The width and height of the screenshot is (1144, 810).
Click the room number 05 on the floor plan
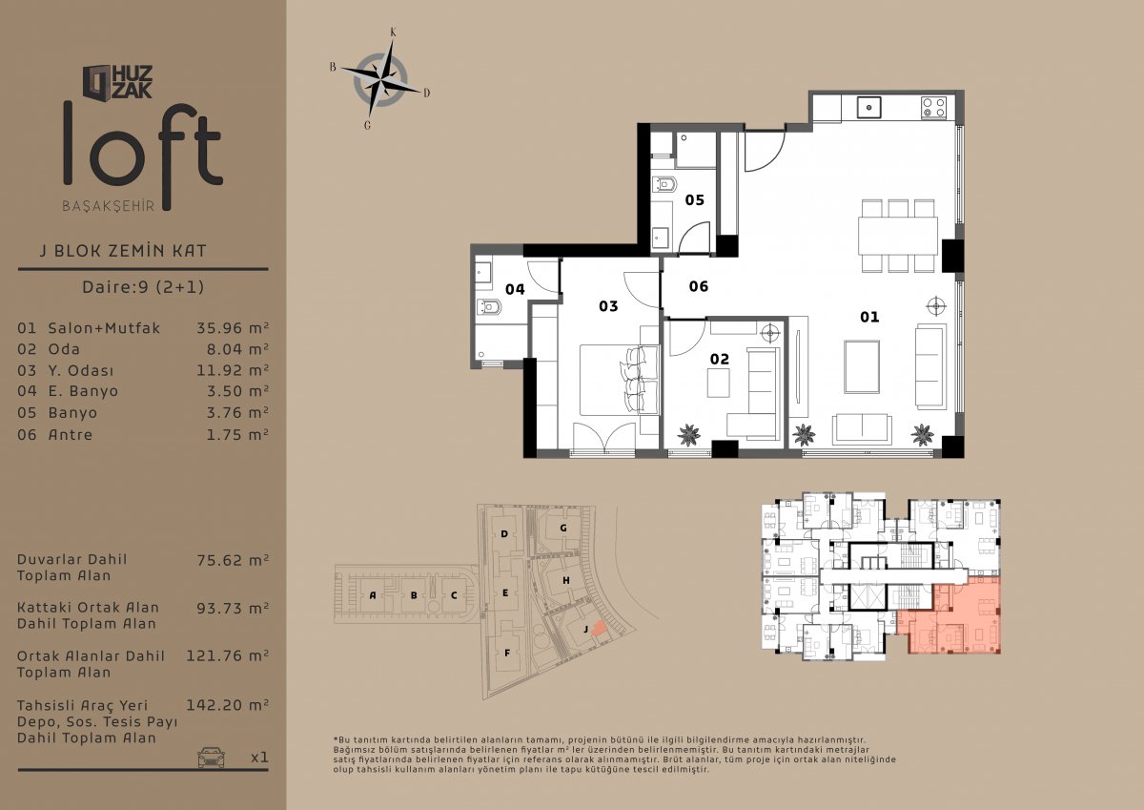click(x=695, y=199)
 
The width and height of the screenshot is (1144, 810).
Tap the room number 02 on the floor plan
click(x=720, y=360)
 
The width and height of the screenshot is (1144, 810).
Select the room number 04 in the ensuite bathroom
click(x=515, y=290)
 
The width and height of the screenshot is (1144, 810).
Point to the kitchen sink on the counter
click(x=868, y=108)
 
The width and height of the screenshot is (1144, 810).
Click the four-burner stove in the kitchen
click(x=934, y=108)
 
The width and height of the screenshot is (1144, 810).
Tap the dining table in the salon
click(x=898, y=236)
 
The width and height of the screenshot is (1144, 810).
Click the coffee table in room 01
click(x=862, y=367)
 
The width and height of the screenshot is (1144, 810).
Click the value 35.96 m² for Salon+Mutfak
click(x=233, y=327)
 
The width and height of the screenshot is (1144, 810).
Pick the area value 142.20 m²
click(x=227, y=705)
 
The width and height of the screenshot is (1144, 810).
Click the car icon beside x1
click(x=211, y=757)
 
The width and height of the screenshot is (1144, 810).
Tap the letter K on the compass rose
click(x=393, y=32)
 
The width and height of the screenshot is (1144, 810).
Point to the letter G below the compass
click(x=367, y=125)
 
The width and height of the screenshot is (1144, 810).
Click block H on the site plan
click(x=566, y=580)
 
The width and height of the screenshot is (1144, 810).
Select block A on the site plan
click(x=373, y=595)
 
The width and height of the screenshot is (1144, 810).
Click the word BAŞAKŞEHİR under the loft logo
click(x=109, y=206)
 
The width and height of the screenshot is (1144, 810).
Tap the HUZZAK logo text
click(x=132, y=82)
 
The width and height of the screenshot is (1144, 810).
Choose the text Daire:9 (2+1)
click(x=143, y=286)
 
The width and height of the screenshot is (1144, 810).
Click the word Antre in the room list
click(x=71, y=435)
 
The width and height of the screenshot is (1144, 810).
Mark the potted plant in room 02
click(x=689, y=435)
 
